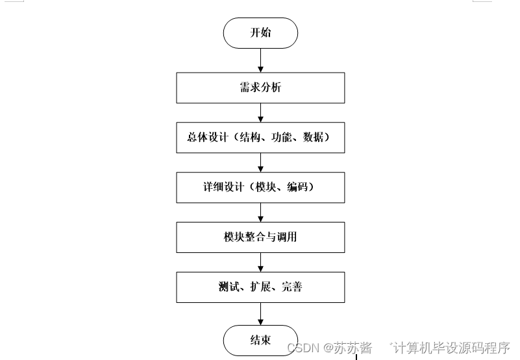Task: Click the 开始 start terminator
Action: (260, 33)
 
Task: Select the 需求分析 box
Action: (260, 88)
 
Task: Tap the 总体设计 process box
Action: (260, 138)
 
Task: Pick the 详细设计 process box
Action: (260, 187)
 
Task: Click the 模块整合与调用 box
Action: (260, 237)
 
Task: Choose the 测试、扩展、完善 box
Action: (260, 287)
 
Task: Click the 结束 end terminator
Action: (260, 340)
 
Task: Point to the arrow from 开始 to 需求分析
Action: (260, 60)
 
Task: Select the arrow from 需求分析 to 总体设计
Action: (260, 112)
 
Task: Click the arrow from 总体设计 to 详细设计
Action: (260, 162)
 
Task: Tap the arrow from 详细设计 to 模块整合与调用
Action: (260, 212)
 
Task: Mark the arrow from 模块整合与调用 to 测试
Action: (260, 262)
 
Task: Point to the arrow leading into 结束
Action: (260, 313)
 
